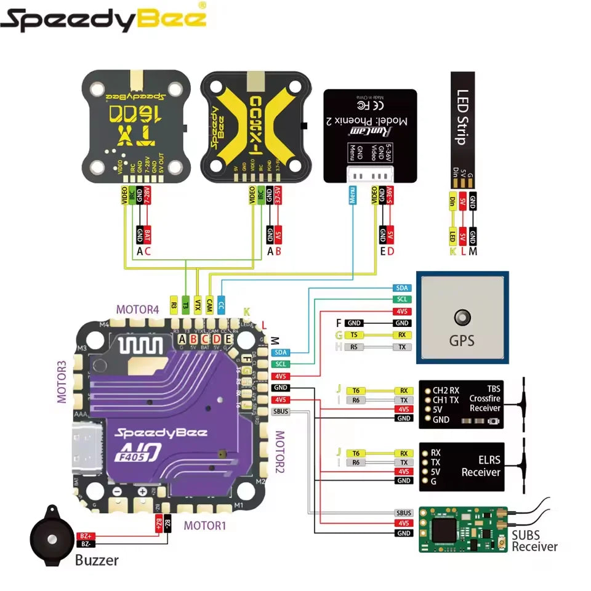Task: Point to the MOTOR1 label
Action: tap(205, 525)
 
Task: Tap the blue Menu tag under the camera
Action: tap(352, 195)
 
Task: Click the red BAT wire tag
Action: tap(148, 235)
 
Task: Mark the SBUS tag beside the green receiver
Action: tap(404, 513)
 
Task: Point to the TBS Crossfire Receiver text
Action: tap(484, 399)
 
